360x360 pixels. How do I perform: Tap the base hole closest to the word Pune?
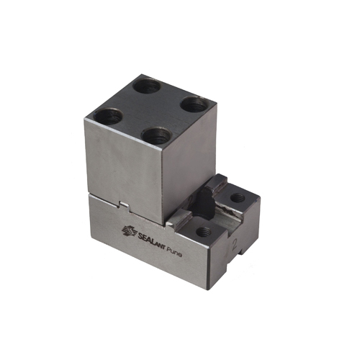pyautogui.click(x=204, y=231)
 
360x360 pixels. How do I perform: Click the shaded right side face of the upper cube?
pyautogui.click(x=189, y=166)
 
